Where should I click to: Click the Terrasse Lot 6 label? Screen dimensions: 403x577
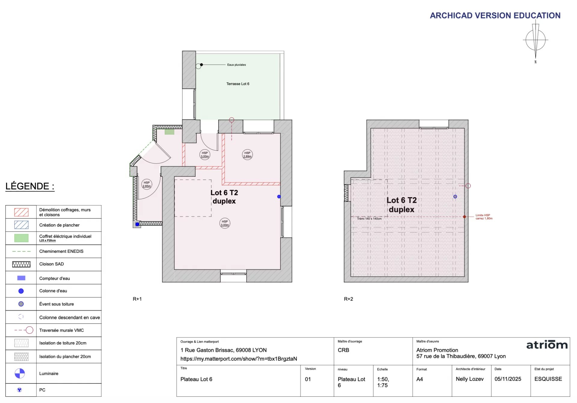click(x=238, y=84)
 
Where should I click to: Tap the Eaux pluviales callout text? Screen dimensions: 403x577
click(x=236, y=65)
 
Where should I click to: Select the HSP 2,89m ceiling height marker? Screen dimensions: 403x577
click(x=247, y=155)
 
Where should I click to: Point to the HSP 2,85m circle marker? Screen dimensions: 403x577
click(x=147, y=184)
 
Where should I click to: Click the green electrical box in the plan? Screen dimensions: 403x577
click(x=169, y=132)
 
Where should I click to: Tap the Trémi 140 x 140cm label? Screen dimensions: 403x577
click(x=369, y=219)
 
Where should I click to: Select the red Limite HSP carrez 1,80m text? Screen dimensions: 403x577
click(x=484, y=217)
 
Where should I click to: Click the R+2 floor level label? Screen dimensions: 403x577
click(x=348, y=299)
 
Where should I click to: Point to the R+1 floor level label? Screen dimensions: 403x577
click(x=137, y=299)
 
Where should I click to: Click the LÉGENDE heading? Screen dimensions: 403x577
click(x=30, y=186)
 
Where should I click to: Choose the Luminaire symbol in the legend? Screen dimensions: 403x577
click(x=20, y=373)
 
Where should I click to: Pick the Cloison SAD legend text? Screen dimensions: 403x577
click(x=51, y=264)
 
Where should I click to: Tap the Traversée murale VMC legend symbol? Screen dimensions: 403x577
click(x=24, y=330)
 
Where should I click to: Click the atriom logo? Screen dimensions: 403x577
click(x=547, y=345)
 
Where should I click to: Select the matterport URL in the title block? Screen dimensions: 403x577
click(x=239, y=359)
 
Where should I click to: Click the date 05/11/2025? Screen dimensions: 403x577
click(x=508, y=379)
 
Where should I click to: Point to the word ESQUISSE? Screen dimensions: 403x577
click(x=548, y=379)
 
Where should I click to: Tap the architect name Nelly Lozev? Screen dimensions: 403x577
click(x=469, y=379)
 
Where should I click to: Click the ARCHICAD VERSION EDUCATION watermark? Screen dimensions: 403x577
click(x=495, y=15)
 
